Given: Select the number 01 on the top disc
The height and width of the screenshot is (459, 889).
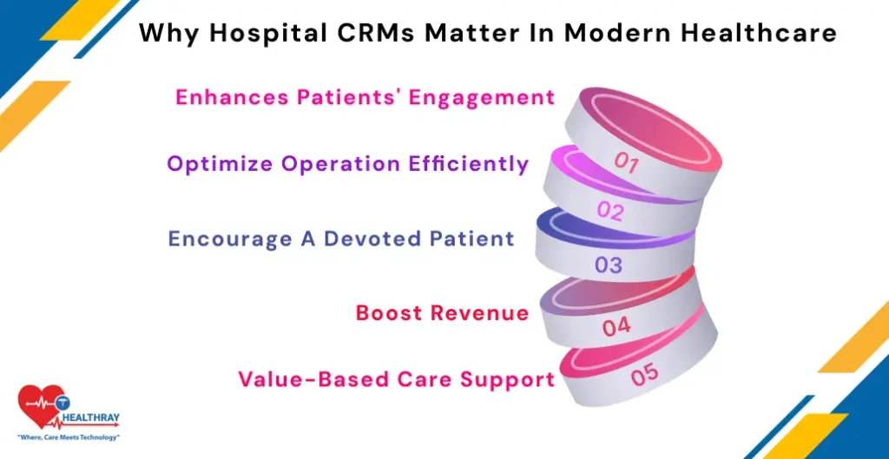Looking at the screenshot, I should [627, 161].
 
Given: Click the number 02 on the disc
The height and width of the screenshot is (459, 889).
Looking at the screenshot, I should [610, 211].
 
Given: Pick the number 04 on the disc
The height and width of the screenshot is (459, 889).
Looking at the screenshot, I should [616, 327].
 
